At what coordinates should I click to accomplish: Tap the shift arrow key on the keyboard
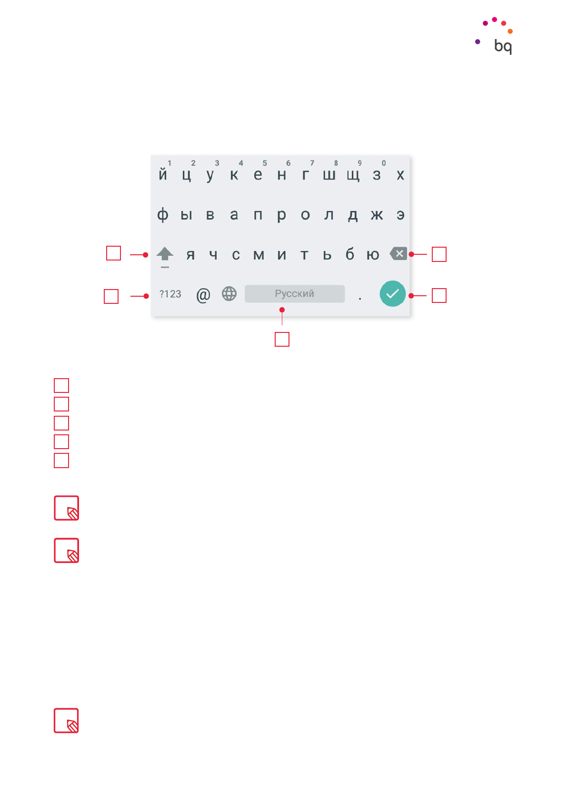(165, 254)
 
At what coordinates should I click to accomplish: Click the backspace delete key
(398, 254)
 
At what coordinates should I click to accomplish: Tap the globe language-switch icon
(229, 294)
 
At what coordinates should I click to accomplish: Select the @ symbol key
(203, 295)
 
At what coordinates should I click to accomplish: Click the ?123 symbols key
(170, 294)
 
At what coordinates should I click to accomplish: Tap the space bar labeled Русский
(294, 294)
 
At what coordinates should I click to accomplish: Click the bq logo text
(503, 46)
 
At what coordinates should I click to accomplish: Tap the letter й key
(163, 175)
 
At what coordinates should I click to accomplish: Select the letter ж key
(377, 215)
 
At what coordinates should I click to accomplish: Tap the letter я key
(190, 255)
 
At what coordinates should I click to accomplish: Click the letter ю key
(373, 255)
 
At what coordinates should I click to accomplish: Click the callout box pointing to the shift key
(113, 253)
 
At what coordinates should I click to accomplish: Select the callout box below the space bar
(282, 339)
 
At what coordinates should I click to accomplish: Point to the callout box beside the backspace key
(439, 254)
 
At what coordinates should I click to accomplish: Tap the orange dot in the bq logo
(510, 31)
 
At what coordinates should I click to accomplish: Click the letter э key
(400, 215)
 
